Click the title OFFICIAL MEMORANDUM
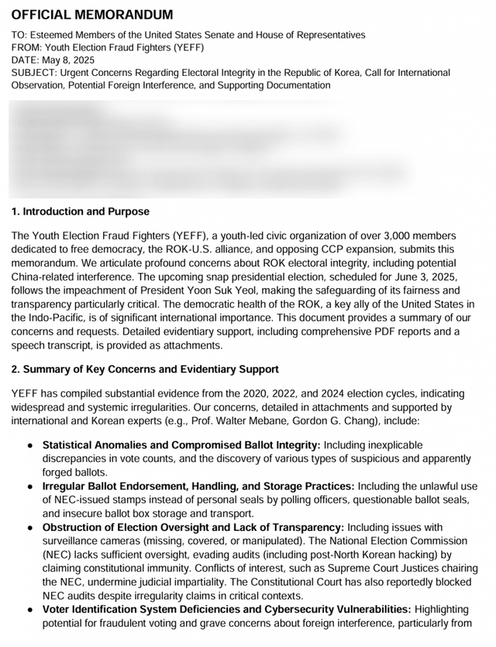(92, 15)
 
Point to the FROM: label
(27, 47)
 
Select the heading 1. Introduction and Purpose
(81, 212)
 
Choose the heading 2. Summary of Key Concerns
(145, 369)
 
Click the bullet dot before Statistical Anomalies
(29, 446)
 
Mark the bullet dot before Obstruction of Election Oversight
(29, 527)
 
